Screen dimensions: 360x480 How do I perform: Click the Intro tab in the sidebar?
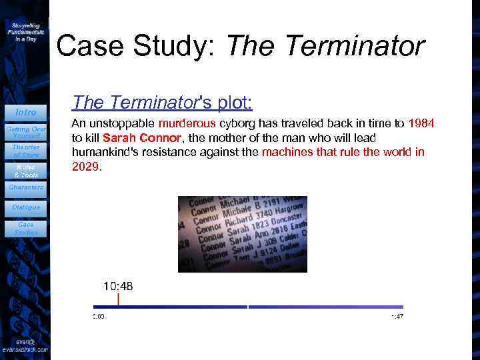[25, 112]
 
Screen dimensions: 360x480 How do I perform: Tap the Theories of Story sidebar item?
[25, 151]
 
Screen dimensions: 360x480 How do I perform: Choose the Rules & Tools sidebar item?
[25, 171]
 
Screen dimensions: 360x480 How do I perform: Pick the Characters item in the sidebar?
[25, 187]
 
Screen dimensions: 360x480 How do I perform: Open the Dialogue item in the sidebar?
[25, 207]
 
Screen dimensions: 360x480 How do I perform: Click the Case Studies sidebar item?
[25, 229]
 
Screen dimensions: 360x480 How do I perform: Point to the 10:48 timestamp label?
[117, 286]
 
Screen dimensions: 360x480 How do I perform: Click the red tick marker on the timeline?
[118, 299]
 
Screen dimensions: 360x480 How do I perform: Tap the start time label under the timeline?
[99, 316]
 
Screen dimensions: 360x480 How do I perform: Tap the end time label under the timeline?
[397, 316]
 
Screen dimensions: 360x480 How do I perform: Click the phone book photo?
[242, 234]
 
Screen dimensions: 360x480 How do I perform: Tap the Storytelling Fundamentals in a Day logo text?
[26, 31]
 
